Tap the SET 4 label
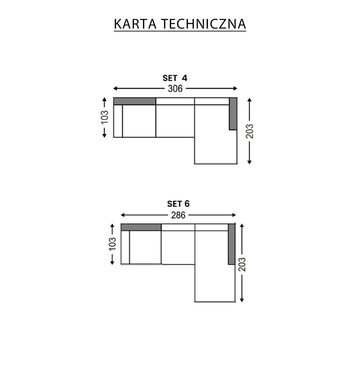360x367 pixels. (175, 78)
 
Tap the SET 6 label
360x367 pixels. (178, 204)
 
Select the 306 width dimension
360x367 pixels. (175, 89)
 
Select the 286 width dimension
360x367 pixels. (178, 215)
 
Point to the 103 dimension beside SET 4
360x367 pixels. (104, 117)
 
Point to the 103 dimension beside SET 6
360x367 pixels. (113, 244)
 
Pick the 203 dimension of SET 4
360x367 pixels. (250, 131)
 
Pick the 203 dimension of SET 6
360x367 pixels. (242, 265)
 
